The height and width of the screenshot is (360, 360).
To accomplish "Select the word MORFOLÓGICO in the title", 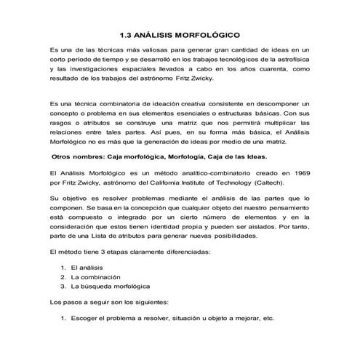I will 208,34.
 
